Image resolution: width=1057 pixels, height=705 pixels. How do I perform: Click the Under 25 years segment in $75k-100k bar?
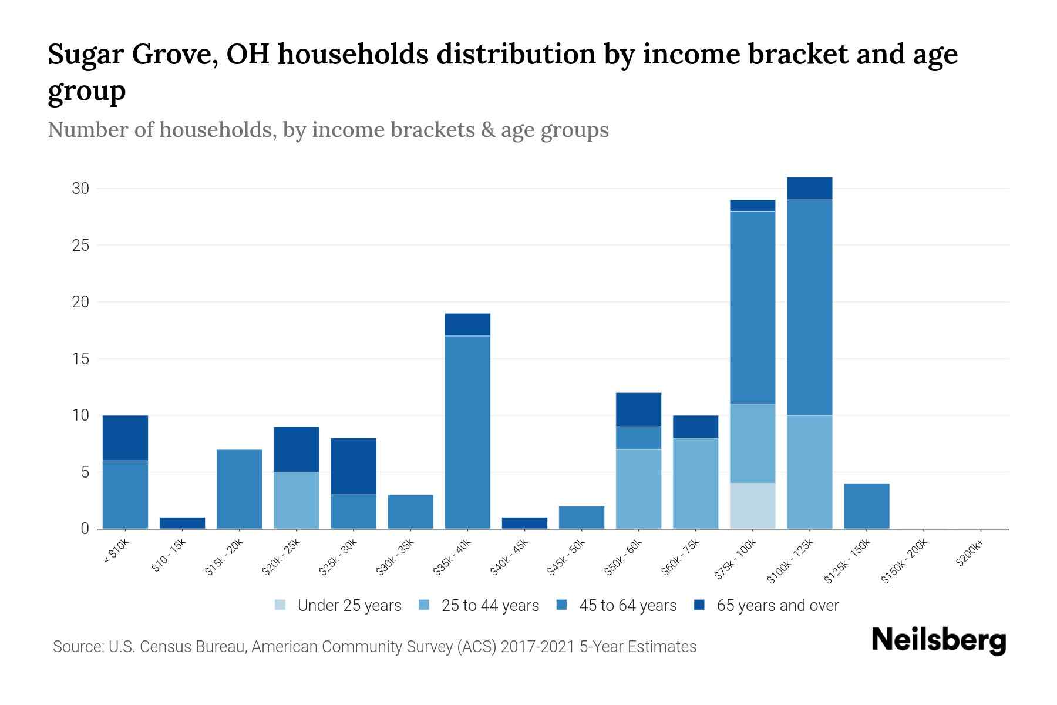(752, 506)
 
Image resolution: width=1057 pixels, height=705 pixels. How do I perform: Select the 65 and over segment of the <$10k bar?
(125, 438)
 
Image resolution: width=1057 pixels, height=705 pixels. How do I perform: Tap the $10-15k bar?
(182, 523)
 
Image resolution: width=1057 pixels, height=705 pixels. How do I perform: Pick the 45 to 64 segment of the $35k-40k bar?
(467, 432)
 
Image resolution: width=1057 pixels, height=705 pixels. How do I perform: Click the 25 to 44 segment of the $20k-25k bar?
(296, 500)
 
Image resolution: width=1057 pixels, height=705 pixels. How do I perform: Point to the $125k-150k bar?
(866, 506)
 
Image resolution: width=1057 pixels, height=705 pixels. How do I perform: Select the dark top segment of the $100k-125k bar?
(809, 189)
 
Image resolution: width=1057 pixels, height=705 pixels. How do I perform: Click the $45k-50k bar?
(581, 518)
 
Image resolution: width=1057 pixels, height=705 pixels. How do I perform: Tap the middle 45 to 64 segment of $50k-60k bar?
(638, 438)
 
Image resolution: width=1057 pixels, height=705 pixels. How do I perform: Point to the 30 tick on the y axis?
(80, 189)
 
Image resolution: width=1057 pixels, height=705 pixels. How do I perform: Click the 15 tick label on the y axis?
(80, 358)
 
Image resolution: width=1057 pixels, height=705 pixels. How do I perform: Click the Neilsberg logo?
(938, 640)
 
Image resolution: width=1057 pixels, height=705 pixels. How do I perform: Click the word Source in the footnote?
(76, 647)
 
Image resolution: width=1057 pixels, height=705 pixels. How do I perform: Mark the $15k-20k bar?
(239, 489)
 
